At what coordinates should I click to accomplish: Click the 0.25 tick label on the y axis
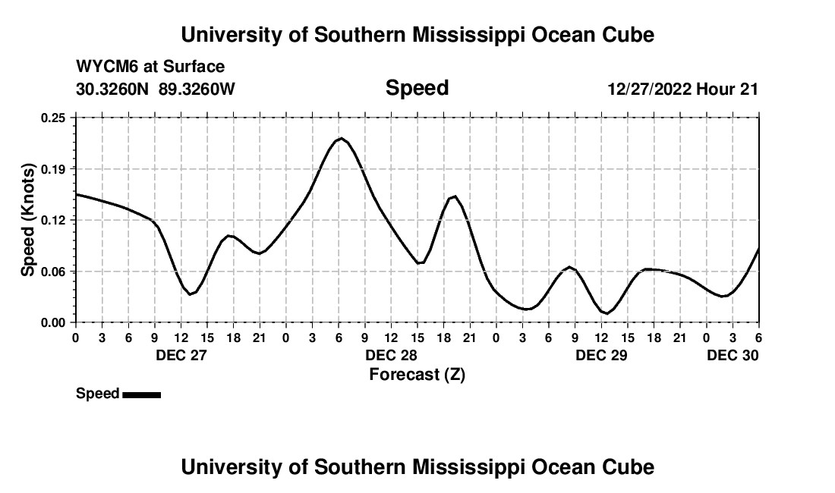(54, 118)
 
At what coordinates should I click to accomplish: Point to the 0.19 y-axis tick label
(54, 168)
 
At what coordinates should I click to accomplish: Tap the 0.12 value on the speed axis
(54, 220)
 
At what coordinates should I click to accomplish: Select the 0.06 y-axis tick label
(54, 272)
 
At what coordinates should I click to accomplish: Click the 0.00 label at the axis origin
(54, 322)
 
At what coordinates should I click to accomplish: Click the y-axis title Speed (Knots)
(28, 220)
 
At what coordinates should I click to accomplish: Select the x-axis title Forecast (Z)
(417, 375)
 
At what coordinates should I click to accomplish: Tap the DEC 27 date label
(181, 355)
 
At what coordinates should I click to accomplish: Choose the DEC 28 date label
(391, 355)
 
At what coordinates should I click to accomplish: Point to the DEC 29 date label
(601, 355)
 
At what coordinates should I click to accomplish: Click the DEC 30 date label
(733, 355)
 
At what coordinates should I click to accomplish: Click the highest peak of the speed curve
(341, 139)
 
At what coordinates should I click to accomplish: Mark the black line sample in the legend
(141, 394)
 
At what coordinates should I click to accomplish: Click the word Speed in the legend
(97, 394)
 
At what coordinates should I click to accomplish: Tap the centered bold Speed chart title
(417, 88)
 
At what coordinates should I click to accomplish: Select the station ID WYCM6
(107, 68)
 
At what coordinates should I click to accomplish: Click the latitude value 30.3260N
(113, 89)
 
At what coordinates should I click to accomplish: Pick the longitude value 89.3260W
(197, 89)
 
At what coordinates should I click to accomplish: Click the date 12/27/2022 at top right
(649, 89)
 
